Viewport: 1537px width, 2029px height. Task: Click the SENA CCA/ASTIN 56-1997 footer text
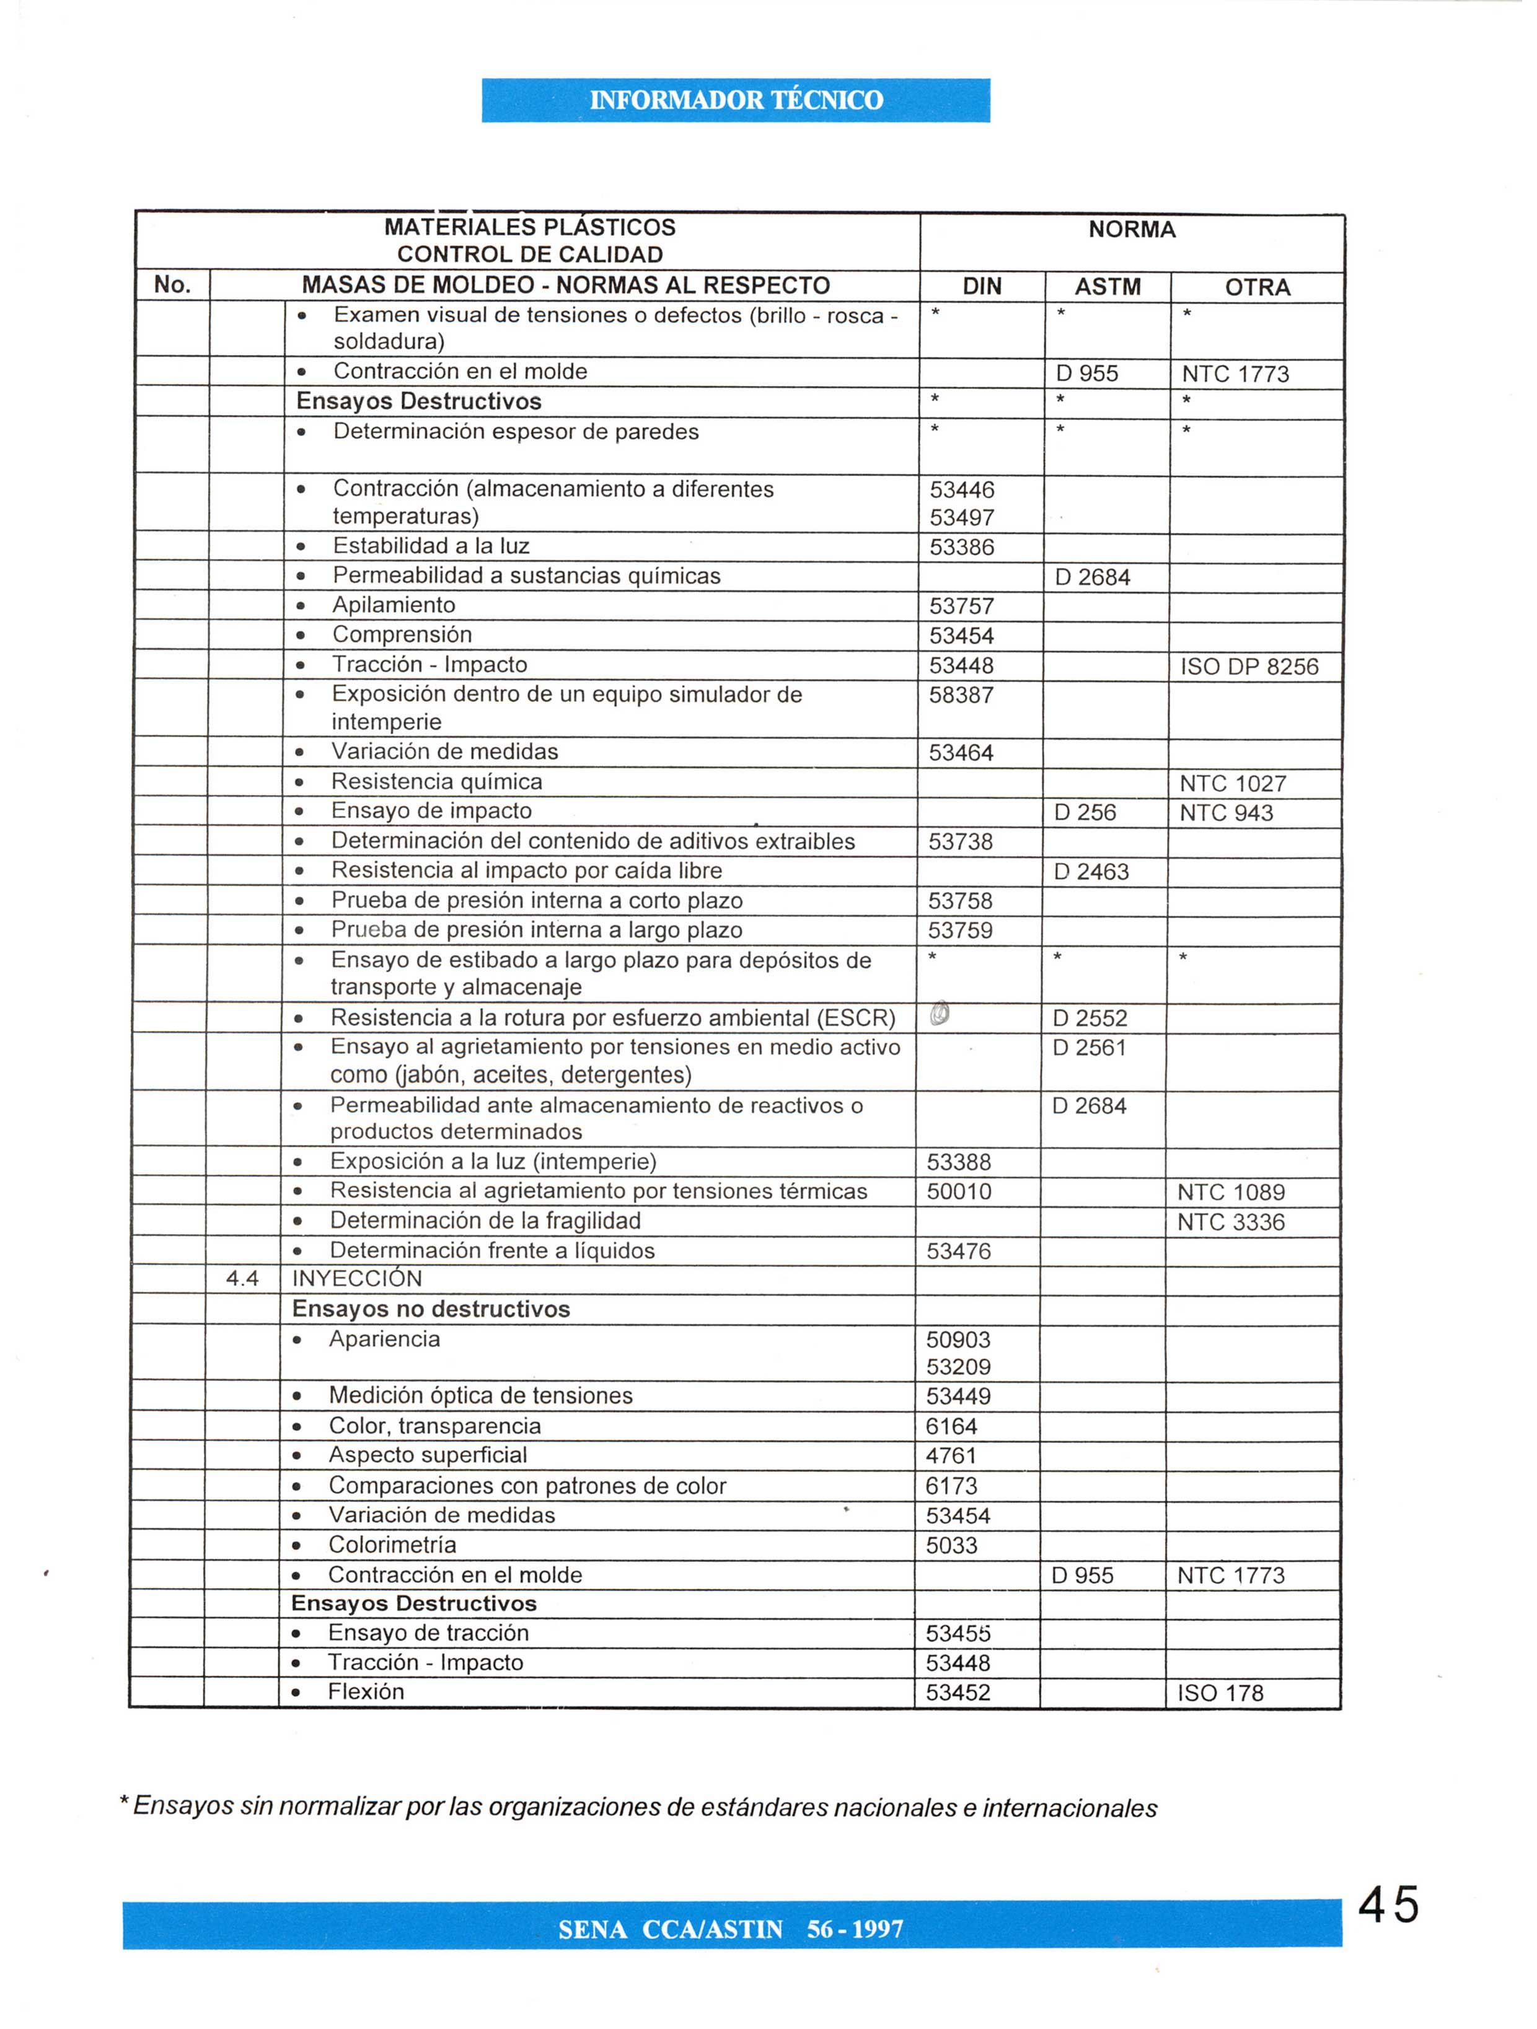pyautogui.click(x=731, y=1930)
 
